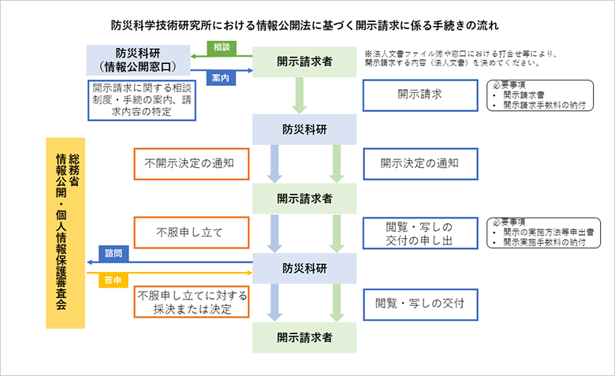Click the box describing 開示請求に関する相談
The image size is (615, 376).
(x=142, y=100)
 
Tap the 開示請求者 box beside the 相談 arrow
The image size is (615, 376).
(x=304, y=60)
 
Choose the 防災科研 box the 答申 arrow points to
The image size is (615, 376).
(x=304, y=268)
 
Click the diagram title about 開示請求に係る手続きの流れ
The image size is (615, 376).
(x=308, y=24)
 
